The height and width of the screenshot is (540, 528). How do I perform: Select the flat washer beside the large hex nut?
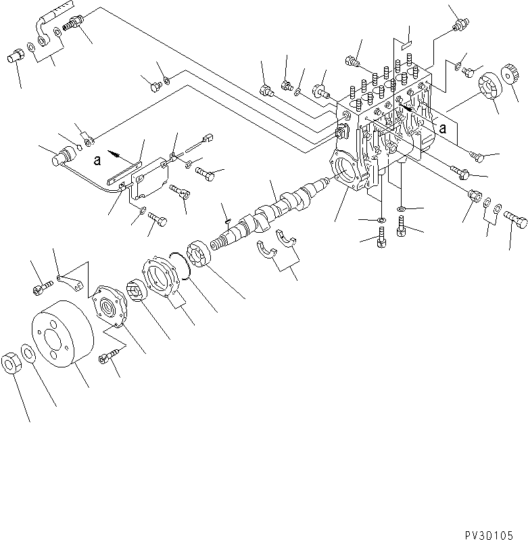[x=29, y=353]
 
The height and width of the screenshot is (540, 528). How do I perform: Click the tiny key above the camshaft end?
[x=229, y=218]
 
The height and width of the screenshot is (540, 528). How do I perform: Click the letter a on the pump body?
[x=442, y=127]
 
